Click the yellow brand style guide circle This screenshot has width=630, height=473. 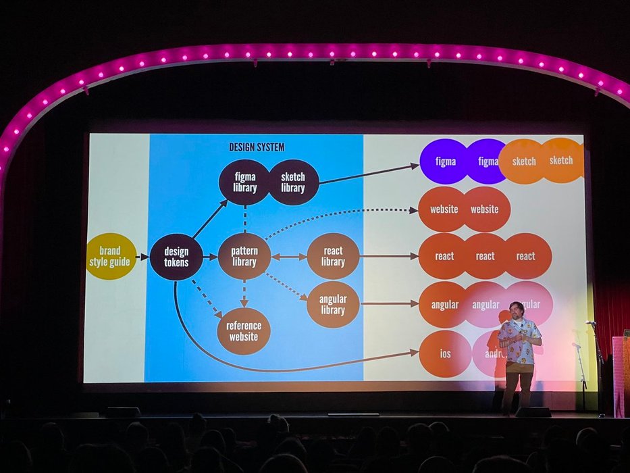tap(111, 256)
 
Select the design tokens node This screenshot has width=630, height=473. tap(176, 257)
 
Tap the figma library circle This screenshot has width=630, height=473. tap(244, 182)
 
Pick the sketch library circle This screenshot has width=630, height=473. tap(293, 182)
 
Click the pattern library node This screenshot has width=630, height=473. tap(244, 257)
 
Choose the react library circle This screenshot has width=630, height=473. tap(333, 256)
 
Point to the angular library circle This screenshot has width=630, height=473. tap(333, 305)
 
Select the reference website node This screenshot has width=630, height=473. tap(244, 331)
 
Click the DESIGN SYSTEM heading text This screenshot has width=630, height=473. tap(257, 147)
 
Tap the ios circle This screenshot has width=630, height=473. tap(445, 354)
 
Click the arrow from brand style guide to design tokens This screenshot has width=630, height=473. tap(142, 257)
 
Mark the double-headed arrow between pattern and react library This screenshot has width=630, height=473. tap(289, 257)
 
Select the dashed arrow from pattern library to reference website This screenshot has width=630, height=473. tap(244, 293)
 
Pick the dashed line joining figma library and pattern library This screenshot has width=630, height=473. tap(244, 219)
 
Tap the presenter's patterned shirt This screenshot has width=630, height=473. tap(519, 341)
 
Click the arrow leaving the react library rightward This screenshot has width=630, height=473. tap(388, 257)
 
